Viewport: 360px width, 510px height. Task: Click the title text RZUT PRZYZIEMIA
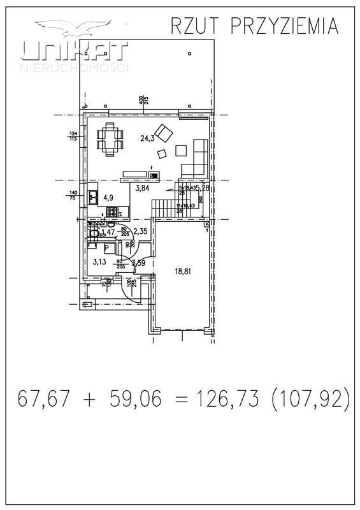pos(254,25)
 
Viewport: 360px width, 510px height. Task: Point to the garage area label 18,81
pos(183,270)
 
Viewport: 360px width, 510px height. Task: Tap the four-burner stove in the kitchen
pos(112,212)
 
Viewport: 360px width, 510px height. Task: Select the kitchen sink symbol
pos(92,197)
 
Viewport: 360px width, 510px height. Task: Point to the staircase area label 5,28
pos(202,188)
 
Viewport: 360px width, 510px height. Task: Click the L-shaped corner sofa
pos(194,163)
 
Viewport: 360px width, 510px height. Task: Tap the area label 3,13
pos(99,261)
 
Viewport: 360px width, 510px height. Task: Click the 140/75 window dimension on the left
pos(73,195)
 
